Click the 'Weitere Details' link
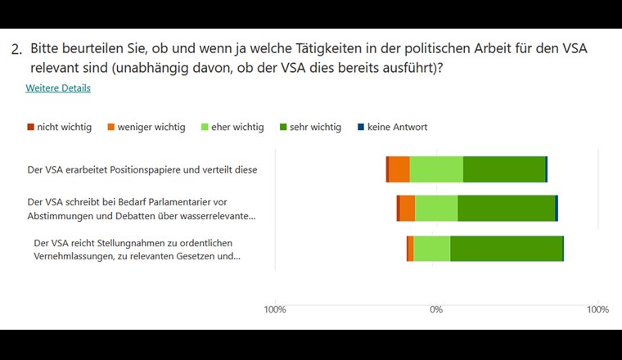pos(58,88)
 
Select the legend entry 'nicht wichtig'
pos(64,128)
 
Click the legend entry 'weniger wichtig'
pos(151,128)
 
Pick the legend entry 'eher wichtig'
pos(237,128)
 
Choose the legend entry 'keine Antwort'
pos(397,128)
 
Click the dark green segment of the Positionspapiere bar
pos(504,169)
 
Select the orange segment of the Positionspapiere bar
pos(399,169)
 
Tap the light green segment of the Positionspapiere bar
pos(436,169)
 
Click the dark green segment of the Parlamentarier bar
pos(506,209)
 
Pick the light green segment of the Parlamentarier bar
pos(436,209)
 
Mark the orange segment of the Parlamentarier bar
pos(407,209)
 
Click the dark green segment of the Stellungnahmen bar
pos(506,249)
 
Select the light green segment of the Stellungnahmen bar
pos(431,249)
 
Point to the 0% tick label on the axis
pos(436,310)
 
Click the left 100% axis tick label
pos(275,310)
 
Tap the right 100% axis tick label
pos(597,310)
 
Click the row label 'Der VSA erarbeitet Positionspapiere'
pos(142,170)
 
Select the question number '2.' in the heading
pos(16,50)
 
